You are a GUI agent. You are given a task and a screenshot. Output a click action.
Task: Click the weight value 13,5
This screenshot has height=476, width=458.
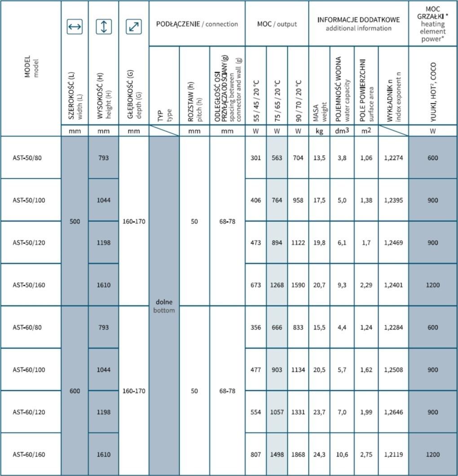pos(319,158)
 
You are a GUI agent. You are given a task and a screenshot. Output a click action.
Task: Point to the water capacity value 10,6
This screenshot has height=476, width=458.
pos(342,454)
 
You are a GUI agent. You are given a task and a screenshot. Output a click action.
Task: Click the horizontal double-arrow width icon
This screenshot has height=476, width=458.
pos(75,27)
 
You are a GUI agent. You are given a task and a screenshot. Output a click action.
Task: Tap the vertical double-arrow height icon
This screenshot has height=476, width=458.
pos(104,27)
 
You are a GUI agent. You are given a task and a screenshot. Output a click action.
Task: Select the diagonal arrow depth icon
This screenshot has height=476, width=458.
pos(133,27)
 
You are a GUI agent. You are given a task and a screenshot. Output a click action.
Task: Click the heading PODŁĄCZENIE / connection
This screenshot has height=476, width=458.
pos(197,24)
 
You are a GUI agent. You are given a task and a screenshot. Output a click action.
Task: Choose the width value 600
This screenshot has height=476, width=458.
pos(75,391)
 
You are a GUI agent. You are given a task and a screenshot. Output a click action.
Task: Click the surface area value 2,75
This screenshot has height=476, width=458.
pos(366,454)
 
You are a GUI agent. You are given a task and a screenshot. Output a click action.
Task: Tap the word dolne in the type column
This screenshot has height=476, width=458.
pos(163,302)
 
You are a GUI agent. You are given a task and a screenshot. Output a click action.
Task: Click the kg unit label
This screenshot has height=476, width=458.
pos(319,132)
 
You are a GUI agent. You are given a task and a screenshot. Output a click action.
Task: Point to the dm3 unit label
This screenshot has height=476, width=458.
pos(342,132)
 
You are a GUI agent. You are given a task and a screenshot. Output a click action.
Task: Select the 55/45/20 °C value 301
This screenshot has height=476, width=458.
pos(255,158)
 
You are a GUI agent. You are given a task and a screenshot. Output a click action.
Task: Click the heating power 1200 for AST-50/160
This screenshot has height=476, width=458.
pos(432,285)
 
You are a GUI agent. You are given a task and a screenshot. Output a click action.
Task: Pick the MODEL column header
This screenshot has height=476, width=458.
pos(30,67)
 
